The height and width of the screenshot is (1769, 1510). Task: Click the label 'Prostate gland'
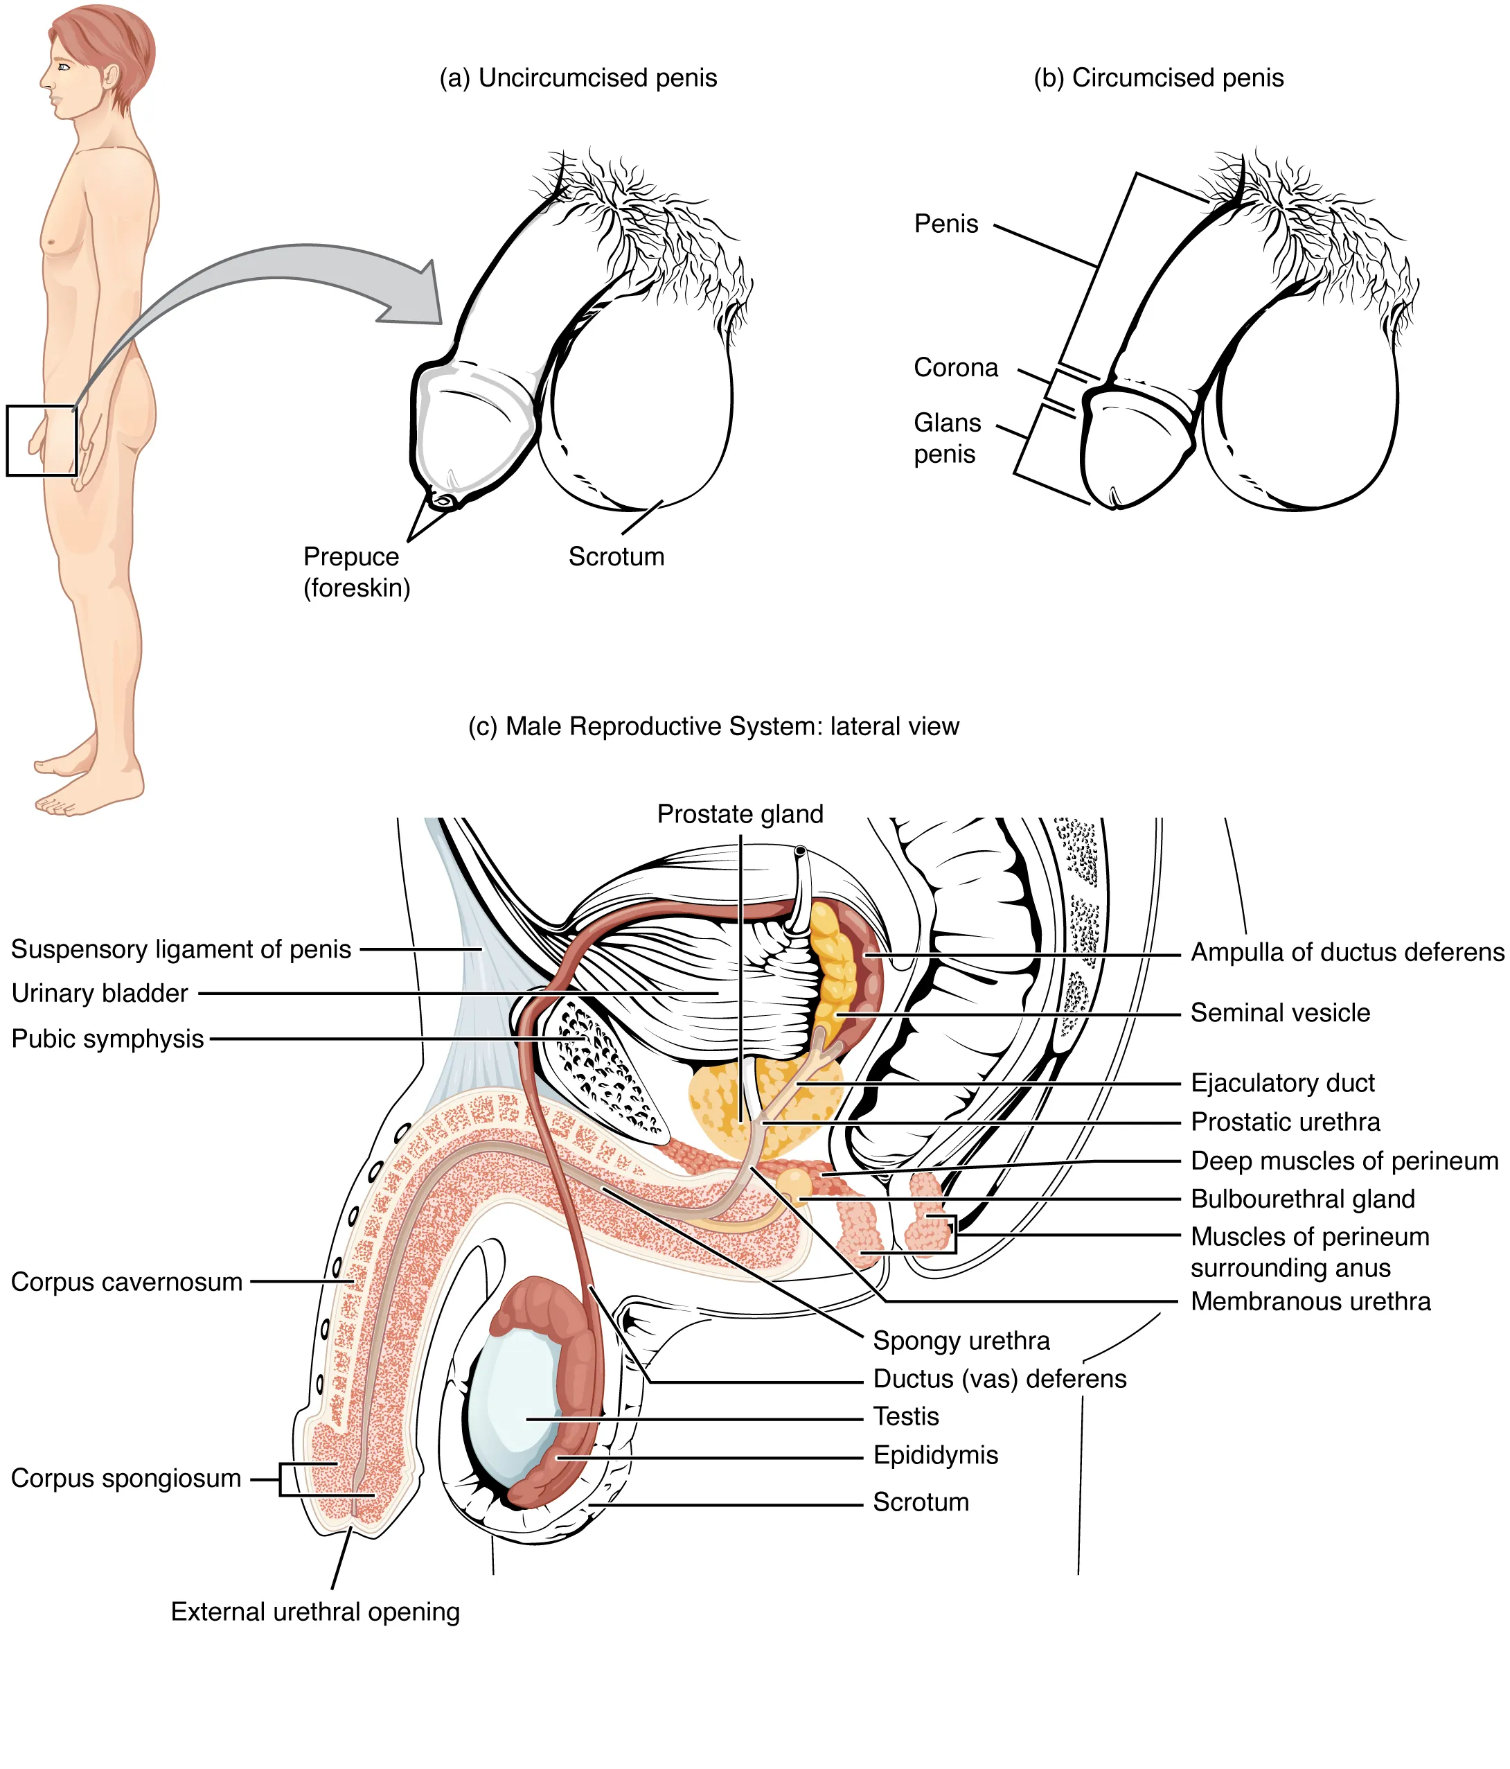coord(739,813)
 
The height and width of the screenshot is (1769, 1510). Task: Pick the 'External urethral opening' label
coord(315,1611)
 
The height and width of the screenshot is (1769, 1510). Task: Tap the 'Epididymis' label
coord(934,1455)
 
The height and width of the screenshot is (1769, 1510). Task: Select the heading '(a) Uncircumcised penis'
coord(578,78)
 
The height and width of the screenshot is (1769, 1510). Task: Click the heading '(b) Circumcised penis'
coord(1157,78)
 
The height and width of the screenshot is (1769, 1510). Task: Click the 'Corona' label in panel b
coord(955,367)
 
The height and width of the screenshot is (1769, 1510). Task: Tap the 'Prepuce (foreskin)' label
coord(356,572)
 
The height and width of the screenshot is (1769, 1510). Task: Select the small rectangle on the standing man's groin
coord(41,440)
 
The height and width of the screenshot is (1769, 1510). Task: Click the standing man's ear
coord(110,75)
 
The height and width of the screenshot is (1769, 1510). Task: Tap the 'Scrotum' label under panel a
coord(616,556)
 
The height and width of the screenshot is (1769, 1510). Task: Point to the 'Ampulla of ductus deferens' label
coord(1347,952)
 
